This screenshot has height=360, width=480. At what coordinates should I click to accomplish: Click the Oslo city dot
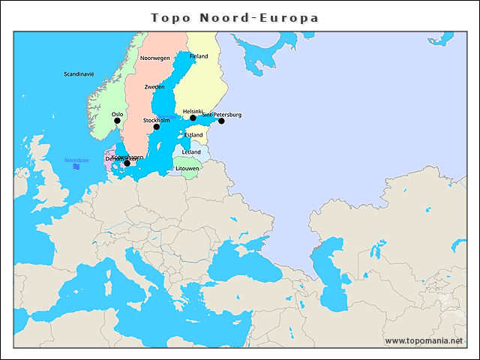tap(117, 121)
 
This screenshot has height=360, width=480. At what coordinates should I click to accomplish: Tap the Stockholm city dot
tap(157, 127)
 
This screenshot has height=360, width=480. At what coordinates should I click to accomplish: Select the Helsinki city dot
tap(193, 118)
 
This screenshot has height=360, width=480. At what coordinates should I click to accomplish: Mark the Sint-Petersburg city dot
tap(221, 121)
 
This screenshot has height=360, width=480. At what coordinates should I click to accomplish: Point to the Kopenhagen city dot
tap(127, 163)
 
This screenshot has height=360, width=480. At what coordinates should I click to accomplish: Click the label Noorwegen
tap(155, 58)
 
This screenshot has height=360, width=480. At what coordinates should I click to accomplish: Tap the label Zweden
tap(154, 87)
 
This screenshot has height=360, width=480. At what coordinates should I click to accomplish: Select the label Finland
tap(199, 56)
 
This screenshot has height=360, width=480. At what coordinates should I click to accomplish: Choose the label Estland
tap(193, 135)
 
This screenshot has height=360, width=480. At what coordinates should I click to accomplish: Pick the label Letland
tap(191, 151)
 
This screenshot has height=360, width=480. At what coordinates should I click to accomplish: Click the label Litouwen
tap(187, 169)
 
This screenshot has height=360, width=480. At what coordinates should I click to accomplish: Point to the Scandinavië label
tap(79, 74)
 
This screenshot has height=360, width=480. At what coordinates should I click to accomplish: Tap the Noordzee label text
tap(76, 160)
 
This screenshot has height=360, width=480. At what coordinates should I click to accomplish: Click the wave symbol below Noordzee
tap(76, 167)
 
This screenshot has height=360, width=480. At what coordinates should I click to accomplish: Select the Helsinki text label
tap(193, 111)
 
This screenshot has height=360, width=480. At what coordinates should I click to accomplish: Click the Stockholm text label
tap(156, 120)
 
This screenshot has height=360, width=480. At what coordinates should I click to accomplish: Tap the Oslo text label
tap(117, 114)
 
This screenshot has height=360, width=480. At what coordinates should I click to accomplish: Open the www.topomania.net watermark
tap(424, 340)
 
